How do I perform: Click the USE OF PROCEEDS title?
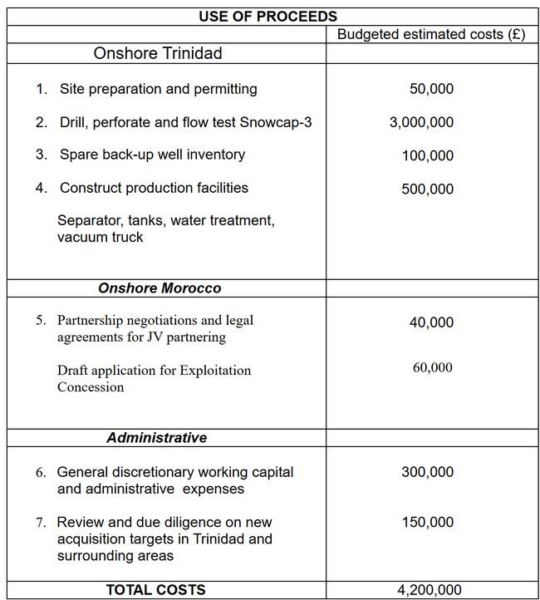[x=268, y=16]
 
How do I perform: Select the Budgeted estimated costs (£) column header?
[x=431, y=35]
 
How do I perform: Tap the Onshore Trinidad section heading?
[x=158, y=54]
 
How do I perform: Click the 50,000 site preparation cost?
[x=431, y=89]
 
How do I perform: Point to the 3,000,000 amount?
[x=421, y=122]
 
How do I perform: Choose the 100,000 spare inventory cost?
[x=427, y=155]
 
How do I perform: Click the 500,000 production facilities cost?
[x=427, y=189]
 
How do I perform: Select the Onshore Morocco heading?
[x=160, y=288]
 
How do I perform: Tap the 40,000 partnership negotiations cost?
[x=431, y=322]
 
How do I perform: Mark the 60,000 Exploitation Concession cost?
[x=432, y=367]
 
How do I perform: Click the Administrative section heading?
[x=156, y=437]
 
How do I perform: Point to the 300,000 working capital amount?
[x=427, y=472]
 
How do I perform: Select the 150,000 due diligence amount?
[x=427, y=522]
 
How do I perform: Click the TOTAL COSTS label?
[x=155, y=589]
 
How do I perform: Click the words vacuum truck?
[x=100, y=237]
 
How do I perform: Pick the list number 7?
[x=42, y=522]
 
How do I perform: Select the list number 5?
[x=42, y=320]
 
